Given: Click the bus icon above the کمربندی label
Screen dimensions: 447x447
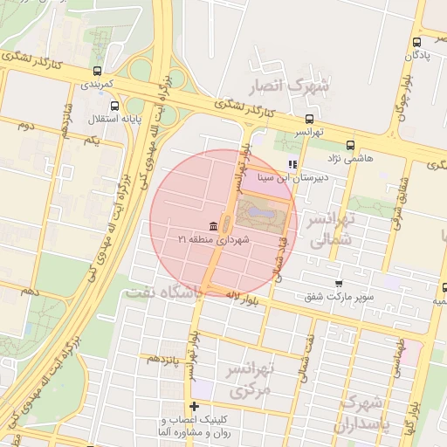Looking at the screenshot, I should pyautogui.click(x=97, y=71).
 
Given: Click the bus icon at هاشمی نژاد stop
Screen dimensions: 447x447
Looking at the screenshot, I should pyautogui.click(x=350, y=146).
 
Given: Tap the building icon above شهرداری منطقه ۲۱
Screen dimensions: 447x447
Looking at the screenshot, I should pyautogui.click(x=214, y=226).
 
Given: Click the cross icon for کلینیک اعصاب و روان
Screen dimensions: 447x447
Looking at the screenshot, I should pyautogui.click(x=194, y=406).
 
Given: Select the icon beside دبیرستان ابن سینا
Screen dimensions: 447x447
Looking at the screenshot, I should pyautogui.click(x=292, y=163).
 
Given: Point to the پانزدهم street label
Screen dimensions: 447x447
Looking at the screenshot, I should pyautogui.click(x=163, y=358).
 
